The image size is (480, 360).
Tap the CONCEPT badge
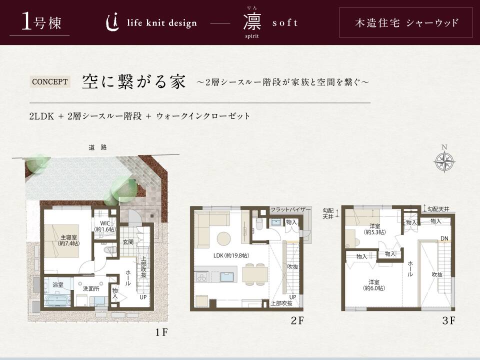(x=49, y=82)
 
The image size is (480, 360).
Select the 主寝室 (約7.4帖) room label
(x=68, y=240)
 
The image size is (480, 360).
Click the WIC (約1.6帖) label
(x=105, y=226)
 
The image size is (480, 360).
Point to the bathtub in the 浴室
(x=57, y=299)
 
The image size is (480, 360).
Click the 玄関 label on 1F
(x=128, y=242)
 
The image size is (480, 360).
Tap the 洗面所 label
(x=91, y=288)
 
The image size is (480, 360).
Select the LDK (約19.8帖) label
(x=231, y=255)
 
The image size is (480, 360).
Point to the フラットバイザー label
(x=290, y=209)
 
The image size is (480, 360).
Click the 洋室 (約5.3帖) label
(x=374, y=229)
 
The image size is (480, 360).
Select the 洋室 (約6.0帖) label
(x=374, y=285)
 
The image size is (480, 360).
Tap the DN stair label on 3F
(x=444, y=238)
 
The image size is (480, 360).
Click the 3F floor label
(x=448, y=320)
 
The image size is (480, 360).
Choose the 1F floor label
(x=161, y=332)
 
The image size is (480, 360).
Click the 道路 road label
(x=97, y=147)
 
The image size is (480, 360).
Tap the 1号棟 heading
(x=41, y=22)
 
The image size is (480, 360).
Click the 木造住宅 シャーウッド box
(x=406, y=22)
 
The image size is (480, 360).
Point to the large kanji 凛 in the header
(x=252, y=22)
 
